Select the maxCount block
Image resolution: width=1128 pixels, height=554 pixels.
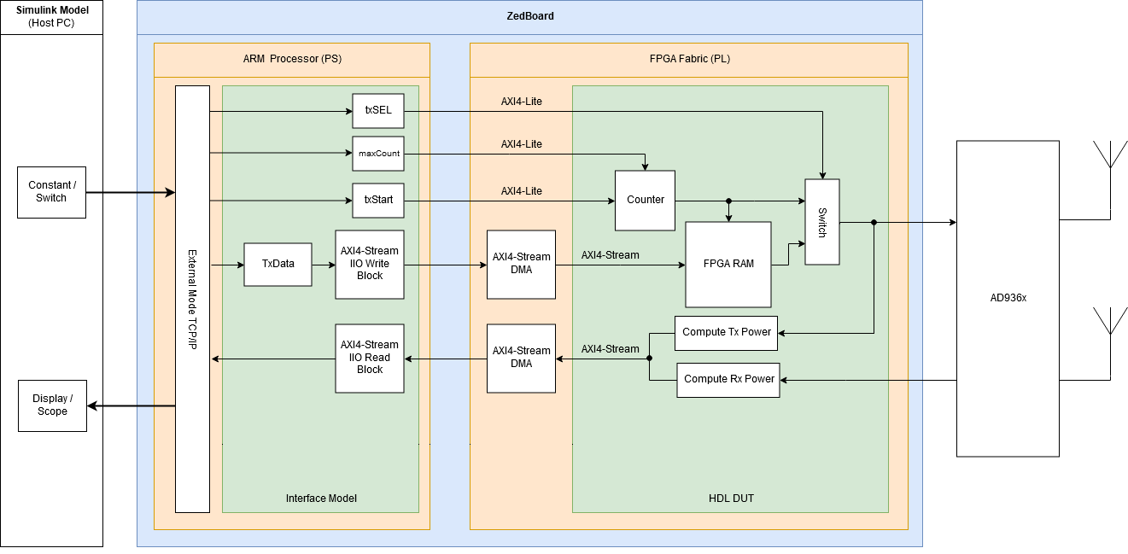click(x=378, y=154)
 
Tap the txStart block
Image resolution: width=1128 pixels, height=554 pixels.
click(x=378, y=201)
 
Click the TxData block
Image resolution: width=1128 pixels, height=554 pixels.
click(x=278, y=264)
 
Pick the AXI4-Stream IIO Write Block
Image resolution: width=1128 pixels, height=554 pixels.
click(x=370, y=264)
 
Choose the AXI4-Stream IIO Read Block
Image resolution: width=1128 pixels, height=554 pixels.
click(x=370, y=358)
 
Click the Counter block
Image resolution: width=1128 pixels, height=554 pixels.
click(x=646, y=200)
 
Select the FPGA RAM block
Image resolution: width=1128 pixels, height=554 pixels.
click(x=728, y=264)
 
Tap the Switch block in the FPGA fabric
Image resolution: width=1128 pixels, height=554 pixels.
click(x=821, y=221)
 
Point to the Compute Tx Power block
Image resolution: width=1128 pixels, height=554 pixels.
click(x=727, y=332)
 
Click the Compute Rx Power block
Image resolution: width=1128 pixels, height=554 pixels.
click(x=729, y=379)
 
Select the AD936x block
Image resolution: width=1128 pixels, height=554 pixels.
click(x=1008, y=298)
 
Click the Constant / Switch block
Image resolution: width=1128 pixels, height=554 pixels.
click(x=51, y=192)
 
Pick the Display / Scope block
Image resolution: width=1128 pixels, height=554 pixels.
click(x=52, y=405)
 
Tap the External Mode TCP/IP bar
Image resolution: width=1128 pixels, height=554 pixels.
click(x=192, y=299)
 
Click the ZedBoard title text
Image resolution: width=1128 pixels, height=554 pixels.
click(x=529, y=16)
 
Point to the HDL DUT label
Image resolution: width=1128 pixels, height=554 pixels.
click(x=731, y=498)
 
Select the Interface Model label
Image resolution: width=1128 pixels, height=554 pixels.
click(x=320, y=498)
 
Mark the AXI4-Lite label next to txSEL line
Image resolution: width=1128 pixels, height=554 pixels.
click(x=521, y=102)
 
